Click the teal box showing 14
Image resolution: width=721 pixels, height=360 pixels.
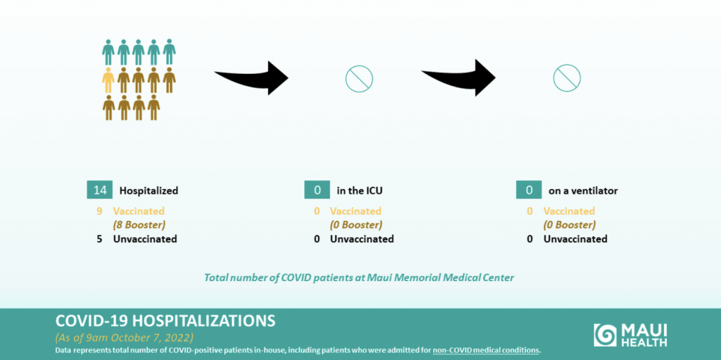pos(100,190)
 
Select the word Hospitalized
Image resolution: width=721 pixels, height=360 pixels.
pos(149,191)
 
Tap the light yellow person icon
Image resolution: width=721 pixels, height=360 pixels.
pos(108,80)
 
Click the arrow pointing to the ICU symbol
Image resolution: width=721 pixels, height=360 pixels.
pos(251,77)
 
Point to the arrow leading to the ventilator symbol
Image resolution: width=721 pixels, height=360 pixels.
pos(458,77)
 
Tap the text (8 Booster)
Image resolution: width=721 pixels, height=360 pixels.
pos(139,225)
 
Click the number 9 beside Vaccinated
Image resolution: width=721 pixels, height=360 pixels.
pos(99,211)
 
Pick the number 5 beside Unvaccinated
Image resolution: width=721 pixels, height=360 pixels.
pos(99,239)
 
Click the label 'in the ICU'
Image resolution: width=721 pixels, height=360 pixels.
pos(358,191)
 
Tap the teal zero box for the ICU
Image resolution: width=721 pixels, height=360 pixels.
pos(317,190)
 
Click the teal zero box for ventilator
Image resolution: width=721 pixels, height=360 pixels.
pos(529,190)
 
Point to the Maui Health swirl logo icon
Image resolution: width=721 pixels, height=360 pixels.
pos(606,335)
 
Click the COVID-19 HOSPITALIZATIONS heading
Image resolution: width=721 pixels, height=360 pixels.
pos(165,321)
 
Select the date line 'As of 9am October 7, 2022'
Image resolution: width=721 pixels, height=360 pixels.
pos(124,337)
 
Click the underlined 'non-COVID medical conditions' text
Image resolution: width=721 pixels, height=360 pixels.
pos(485,351)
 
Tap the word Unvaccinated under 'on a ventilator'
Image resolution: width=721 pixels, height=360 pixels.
pos(575,239)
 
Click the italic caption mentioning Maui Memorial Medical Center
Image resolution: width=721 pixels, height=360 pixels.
pos(359,278)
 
